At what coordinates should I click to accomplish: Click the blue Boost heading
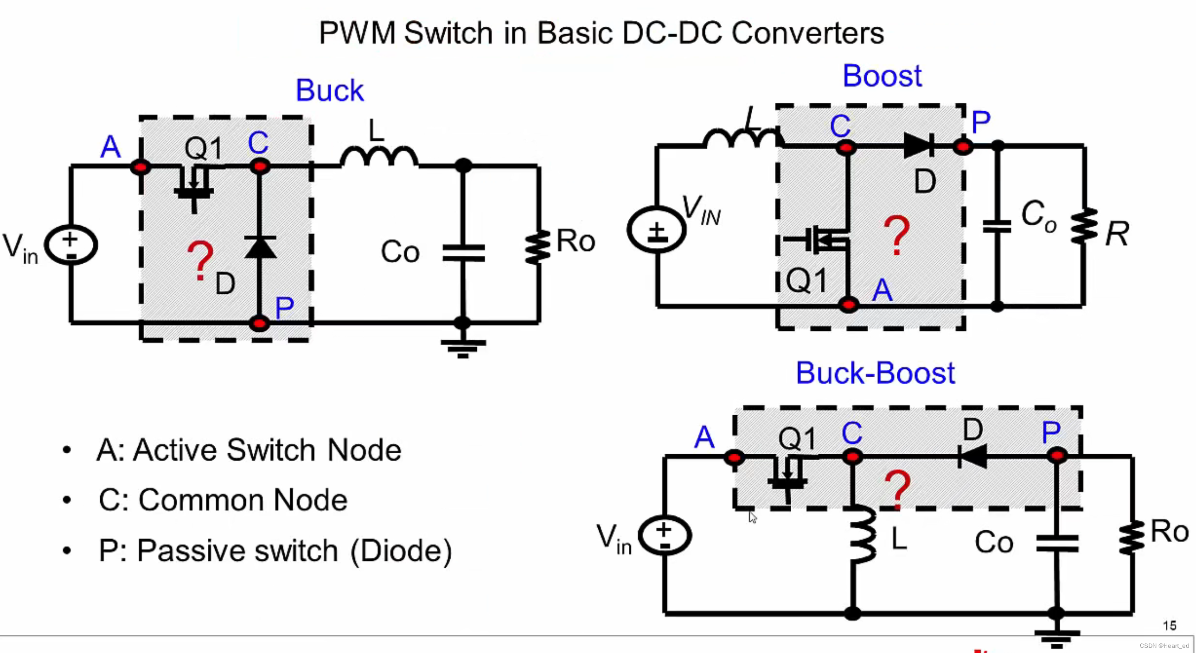(x=881, y=76)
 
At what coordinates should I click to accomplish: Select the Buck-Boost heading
(x=875, y=373)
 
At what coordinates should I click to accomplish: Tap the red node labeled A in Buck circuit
(x=140, y=167)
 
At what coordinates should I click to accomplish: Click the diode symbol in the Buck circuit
(x=260, y=247)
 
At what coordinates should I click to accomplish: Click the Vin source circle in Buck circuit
(x=71, y=245)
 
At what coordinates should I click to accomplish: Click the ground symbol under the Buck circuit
(x=462, y=348)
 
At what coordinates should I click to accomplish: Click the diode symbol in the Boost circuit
(x=918, y=146)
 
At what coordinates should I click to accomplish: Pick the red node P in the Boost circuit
(x=963, y=147)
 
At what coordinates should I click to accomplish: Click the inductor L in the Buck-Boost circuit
(x=863, y=535)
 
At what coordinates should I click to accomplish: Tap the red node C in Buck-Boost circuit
(x=852, y=457)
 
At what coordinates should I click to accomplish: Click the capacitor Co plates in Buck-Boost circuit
(x=1057, y=543)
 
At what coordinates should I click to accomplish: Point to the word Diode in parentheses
(x=401, y=551)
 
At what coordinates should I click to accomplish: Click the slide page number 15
(x=1169, y=626)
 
